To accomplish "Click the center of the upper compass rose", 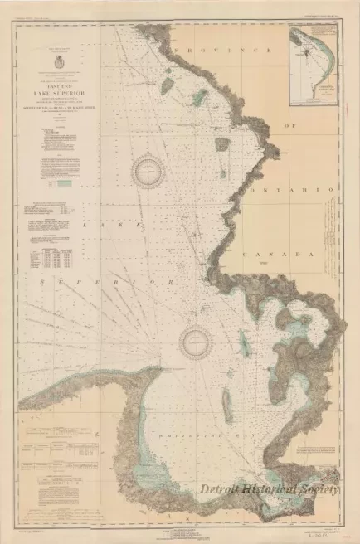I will point(148,172).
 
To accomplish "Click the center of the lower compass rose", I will point(197,338).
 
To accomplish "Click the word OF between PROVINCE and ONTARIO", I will point(290,124).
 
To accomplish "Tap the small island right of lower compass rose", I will point(244,339).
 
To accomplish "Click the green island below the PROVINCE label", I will point(199,98).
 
